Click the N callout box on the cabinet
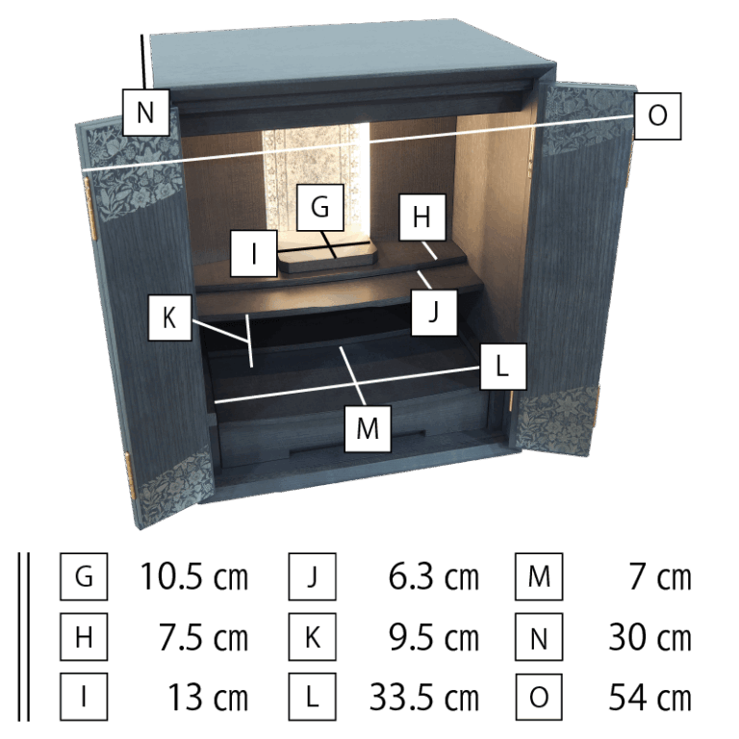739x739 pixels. pyautogui.click(x=145, y=113)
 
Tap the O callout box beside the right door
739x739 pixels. pyautogui.click(x=657, y=115)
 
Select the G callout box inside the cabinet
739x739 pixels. pyautogui.click(x=320, y=208)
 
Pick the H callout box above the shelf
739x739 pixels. pyautogui.click(x=421, y=217)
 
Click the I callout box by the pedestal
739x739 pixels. pyautogui.click(x=254, y=254)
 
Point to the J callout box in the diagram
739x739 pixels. pyautogui.click(x=434, y=313)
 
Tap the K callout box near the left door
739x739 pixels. pyautogui.click(x=169, y=318)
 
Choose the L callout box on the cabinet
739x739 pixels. pyautogui.click(x=503, y=367)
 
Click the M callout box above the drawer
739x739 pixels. pyautogui.click(x=368, y=428)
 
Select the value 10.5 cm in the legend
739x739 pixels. pyautogui.click(x=194, y=576)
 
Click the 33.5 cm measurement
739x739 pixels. pyautogui.click(x=424, y=697)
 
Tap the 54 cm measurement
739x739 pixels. pyautogui.click(x=650, y=697)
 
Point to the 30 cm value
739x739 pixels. pyautogui.click(x=650, y=637)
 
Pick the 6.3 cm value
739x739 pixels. pyautogui.click(x=434, y=576)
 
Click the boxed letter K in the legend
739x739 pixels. pyautogui.click(x=313, y=637)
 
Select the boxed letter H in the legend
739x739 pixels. pyautogui.click(x=84, y=637)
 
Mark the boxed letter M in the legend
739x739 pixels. pyautogui.click(x=539, y=576)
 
